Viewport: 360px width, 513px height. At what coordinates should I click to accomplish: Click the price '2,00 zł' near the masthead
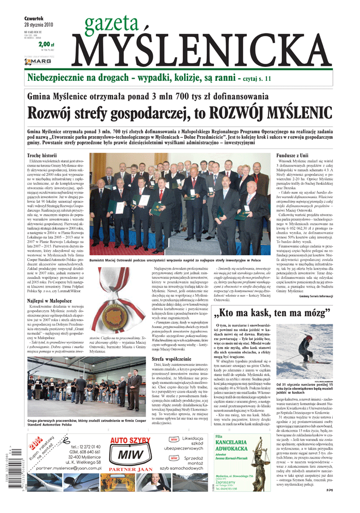click(x=46, y=44)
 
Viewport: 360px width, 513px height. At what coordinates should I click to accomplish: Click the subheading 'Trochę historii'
click(x=42, y=155)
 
